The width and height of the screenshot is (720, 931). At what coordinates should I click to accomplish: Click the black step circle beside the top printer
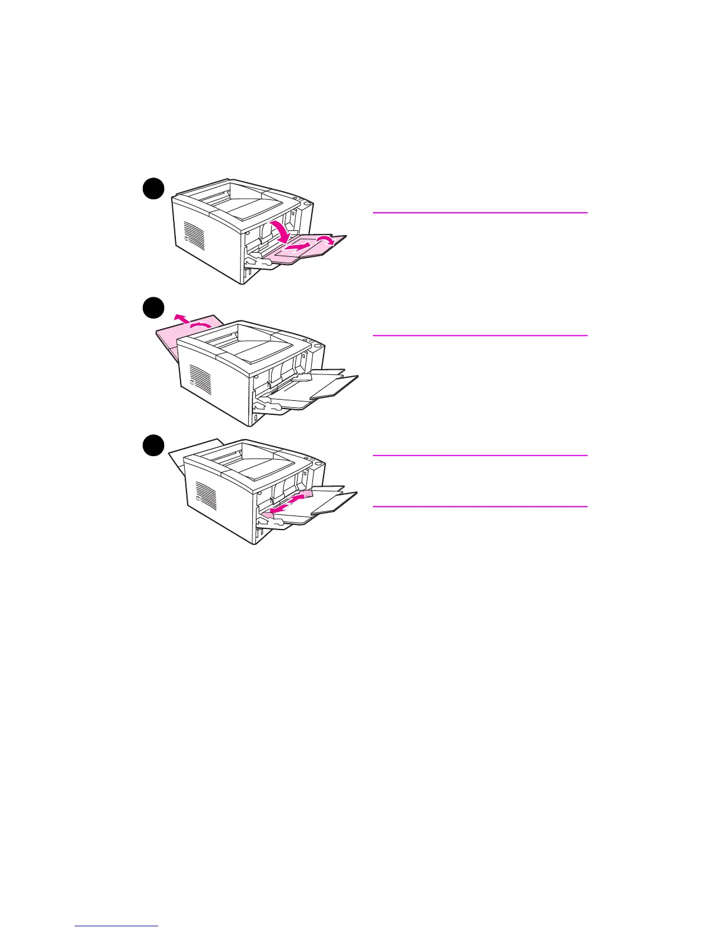click(x=153, y=189)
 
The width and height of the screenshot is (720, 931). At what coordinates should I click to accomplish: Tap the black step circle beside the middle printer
click(x=153, y=308)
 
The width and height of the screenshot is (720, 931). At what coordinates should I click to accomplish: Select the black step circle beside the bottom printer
click(x=153, y=444)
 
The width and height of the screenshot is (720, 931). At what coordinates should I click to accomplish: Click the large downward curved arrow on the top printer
click(x=281, y=230)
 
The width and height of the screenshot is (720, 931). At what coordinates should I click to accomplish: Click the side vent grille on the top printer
click(x=194, y=235)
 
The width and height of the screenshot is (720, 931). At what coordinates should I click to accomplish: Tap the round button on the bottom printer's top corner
click(x=318, y=464)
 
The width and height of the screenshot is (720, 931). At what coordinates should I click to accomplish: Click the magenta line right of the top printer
click(x=480, y=213)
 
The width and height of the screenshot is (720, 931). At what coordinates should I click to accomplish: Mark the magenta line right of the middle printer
click(x=480, y=336)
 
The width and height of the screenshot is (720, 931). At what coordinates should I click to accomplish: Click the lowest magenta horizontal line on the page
click(x=480, y=506)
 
